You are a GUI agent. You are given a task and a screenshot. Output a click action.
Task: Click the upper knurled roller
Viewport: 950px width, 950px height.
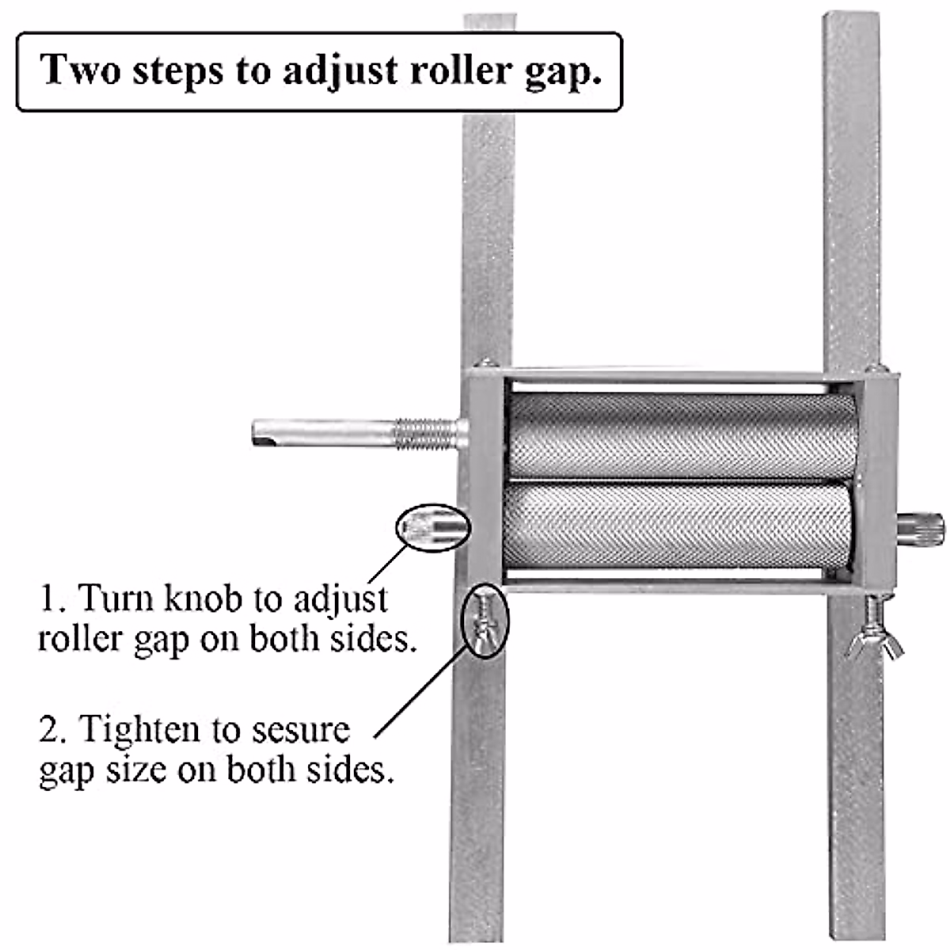(x=681, y=436)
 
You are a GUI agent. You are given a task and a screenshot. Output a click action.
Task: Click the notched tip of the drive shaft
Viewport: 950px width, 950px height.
(x=265, y=432)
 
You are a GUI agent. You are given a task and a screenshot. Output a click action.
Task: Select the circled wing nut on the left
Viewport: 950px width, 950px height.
(x=484, y=621)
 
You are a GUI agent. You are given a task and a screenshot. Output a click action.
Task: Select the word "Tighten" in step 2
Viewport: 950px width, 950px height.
(x=139, y=729)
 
